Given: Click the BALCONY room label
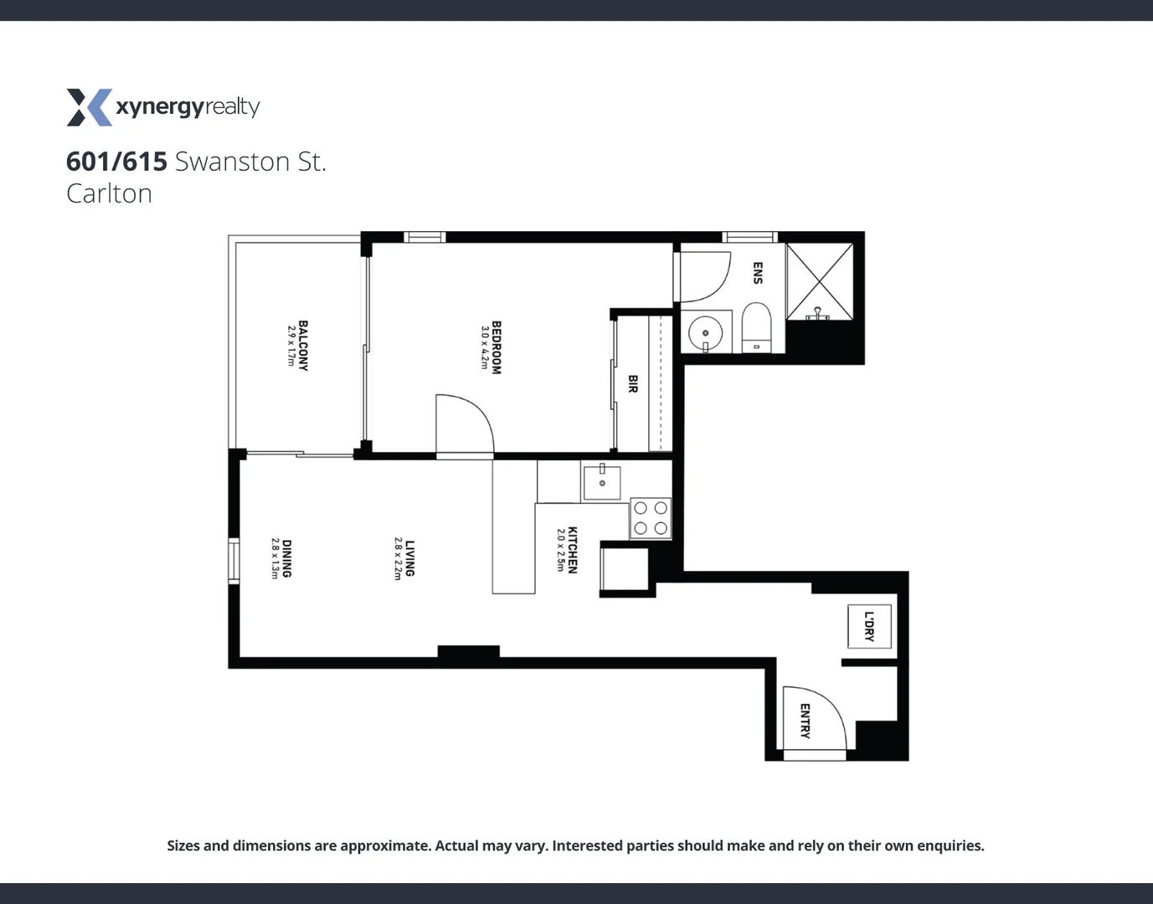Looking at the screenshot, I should pos(303,345).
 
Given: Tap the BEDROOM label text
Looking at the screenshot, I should pos(496,347).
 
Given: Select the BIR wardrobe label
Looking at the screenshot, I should pos(632,384).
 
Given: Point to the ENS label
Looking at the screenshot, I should pos(757,273).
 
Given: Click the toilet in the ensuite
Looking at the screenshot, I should pos(756,329).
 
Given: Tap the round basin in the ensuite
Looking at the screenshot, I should pos(705,333).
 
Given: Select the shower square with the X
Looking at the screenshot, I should pos(819,280).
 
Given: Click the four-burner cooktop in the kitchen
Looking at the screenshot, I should pos(651,518).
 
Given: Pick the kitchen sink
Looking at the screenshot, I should pos(602,481).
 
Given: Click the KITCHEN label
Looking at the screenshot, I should pos(573,549).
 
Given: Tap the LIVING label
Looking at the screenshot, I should pos(409,558).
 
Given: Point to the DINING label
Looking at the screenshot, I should pos(286,558).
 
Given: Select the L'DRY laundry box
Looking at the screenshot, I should pos(868,626).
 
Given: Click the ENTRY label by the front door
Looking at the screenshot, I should pos(804,721).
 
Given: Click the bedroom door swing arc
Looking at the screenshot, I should pos(469,419).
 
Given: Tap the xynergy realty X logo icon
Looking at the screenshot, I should pos(89,107).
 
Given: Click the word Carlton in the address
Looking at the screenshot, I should pos(109,193).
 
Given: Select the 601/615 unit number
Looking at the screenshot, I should pos(116,161).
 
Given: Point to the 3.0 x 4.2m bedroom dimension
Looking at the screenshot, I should pos(484,347).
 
